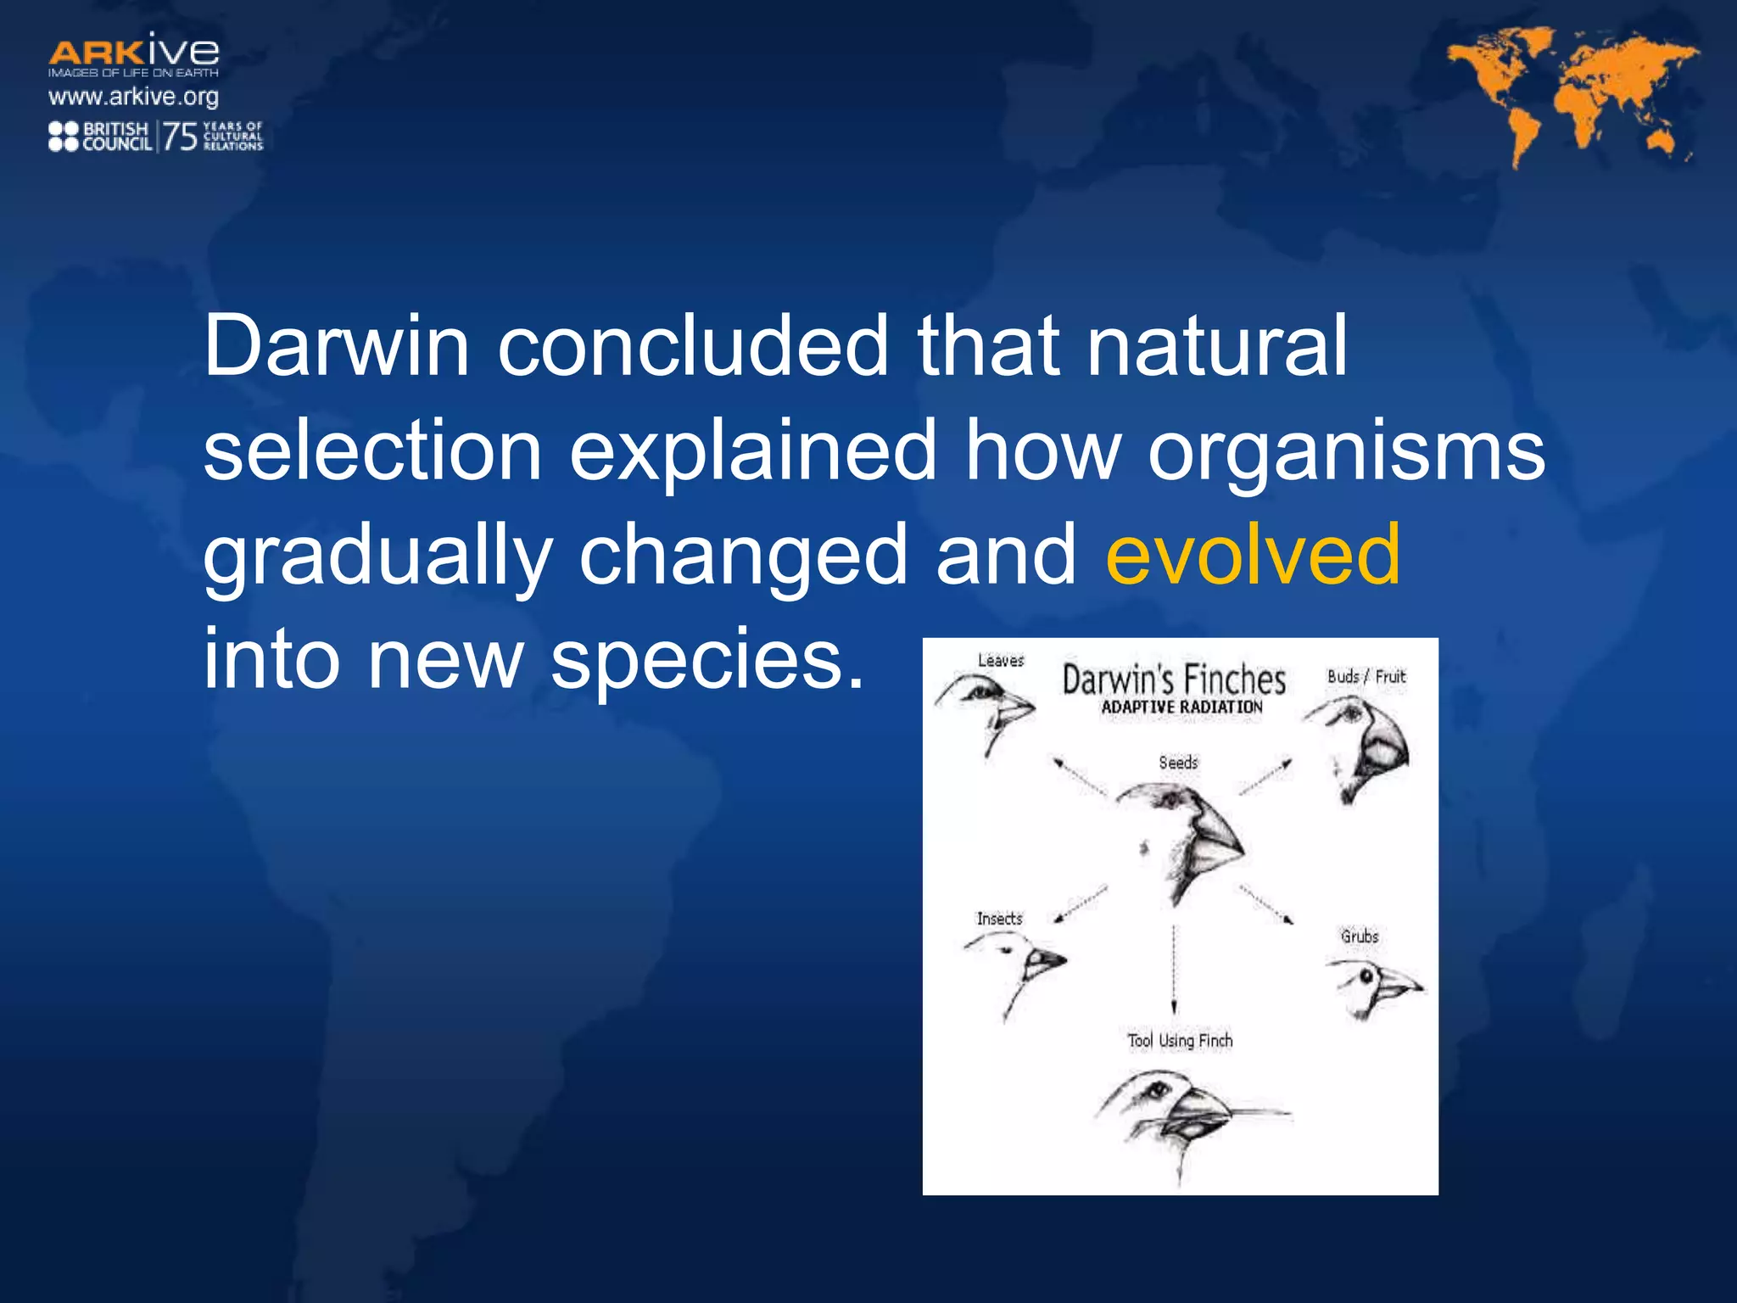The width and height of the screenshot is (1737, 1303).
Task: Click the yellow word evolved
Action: click(1253, 555)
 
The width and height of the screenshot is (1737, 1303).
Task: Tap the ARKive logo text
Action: click(134, 53)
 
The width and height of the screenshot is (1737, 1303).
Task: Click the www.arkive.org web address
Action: click(133, 97)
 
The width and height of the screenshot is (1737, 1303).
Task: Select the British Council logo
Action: click(100, 136)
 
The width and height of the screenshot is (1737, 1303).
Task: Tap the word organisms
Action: click(1346, 451)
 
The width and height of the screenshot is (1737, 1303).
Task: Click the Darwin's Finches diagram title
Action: click(1174, 679)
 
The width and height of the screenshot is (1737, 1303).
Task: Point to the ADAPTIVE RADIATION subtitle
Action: click(1181, 707)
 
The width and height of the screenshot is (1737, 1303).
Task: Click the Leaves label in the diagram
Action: click(1001, 660)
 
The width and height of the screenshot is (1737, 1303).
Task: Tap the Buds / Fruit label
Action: click(1366, 676)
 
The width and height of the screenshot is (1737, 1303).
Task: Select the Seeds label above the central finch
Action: click(1178, 763)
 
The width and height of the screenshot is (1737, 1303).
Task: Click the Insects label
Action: click(999, 919)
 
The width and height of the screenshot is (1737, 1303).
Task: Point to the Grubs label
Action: click(1360, 937)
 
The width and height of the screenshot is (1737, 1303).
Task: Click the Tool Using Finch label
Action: click(1180, 1041)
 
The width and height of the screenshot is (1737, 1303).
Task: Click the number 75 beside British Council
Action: click(180, 136)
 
